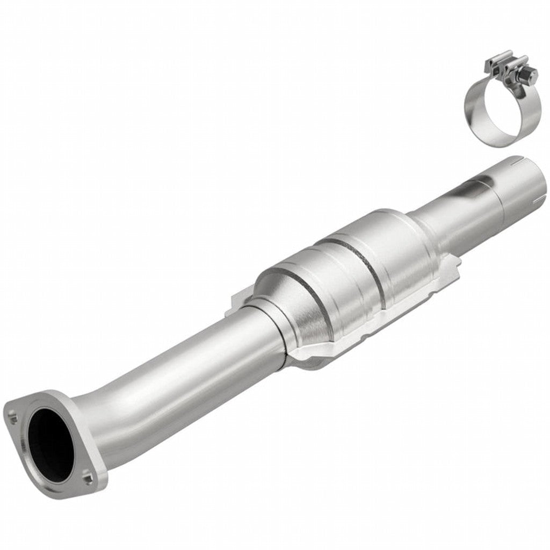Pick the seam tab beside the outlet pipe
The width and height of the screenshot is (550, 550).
(x=454, y=263)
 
